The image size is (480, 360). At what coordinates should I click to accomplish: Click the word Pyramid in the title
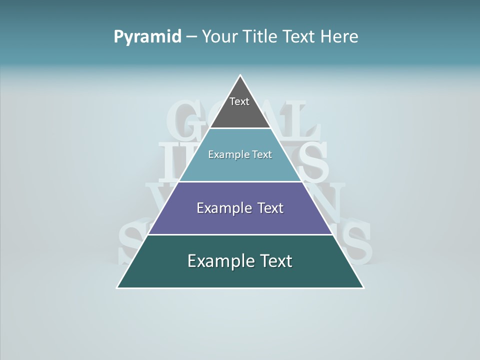coord(147,37)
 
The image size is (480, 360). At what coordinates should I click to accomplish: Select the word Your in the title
coord(218,37)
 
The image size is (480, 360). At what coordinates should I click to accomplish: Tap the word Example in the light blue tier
coord(225,155)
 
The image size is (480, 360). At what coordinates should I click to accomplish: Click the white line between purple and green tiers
coord(240,234)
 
